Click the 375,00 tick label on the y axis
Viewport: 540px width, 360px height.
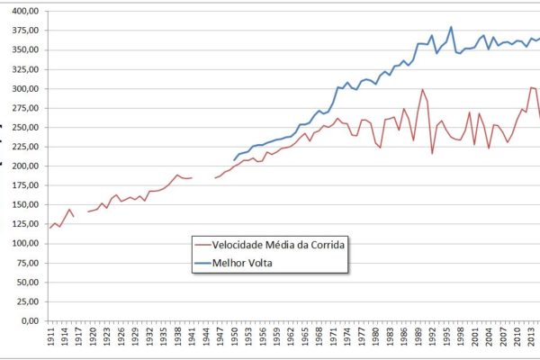pyautogui.click(x=22, y=30)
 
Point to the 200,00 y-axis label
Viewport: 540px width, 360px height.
pyautogui.click(x=22, y=166)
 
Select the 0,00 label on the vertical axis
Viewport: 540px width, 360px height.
pyautogui.click(x=27, y=320)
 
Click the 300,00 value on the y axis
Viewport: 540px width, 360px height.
pyautogui.click(x=22, y=88)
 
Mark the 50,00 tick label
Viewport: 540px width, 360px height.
pyautogui.click(x=24, y=282)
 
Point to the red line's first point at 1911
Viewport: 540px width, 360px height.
pyautogui.click(x=50, y=228)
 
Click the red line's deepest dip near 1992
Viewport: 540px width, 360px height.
pyautogui.click(x=432, y=153)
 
